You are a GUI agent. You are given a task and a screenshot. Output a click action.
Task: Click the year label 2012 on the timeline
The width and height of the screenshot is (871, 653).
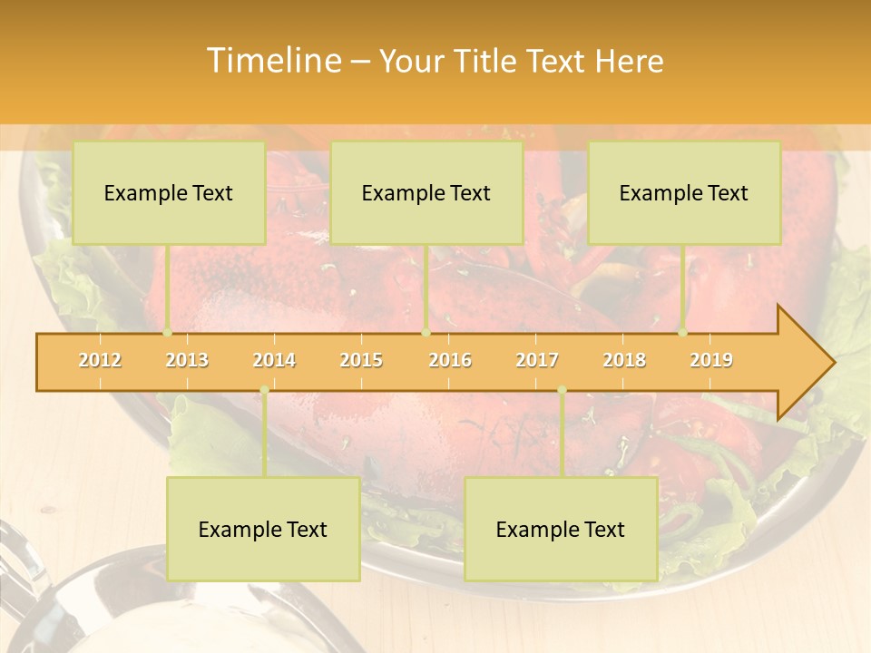[x=100, y=361]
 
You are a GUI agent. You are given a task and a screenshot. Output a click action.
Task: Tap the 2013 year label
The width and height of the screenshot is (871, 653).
[x=187, y=361]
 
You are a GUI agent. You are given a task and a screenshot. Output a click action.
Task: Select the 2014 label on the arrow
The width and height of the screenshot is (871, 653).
[x=274, y=361]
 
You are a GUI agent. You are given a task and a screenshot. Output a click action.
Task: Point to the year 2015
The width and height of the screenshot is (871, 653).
[x=361, y=361]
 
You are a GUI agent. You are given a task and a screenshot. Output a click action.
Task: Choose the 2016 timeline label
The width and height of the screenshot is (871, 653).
[x=450, y=361]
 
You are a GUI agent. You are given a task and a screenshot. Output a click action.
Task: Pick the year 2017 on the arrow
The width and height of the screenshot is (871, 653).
[x=537, y=361]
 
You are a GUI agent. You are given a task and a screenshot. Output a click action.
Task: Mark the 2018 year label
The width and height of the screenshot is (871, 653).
[x=624, y=361]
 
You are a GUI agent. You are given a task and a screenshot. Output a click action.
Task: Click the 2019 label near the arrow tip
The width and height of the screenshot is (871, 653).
[x=711, y=361]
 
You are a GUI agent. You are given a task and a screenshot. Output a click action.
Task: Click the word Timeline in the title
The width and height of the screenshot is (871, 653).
[x=272, y=61]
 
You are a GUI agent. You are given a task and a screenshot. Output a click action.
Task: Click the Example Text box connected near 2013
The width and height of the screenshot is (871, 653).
[x=169, y=192]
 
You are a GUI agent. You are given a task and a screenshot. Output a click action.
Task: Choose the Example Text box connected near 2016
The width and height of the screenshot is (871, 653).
[x=426, y=192]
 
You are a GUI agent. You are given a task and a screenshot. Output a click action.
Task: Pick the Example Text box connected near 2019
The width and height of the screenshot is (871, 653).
[x=684, y=192]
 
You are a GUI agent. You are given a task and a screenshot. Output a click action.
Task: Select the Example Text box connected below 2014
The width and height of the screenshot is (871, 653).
[x=263, y=529]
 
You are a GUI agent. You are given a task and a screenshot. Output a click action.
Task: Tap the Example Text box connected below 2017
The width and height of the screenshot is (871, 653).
[x=561, y=529]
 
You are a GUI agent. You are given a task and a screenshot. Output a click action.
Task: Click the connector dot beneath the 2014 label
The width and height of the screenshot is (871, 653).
[x=264, y=390]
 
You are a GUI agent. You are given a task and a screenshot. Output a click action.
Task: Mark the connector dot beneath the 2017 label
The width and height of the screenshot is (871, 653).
[x=562, y=390]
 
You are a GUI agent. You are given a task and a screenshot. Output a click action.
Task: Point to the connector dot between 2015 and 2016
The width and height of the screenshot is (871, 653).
[x=426, y=333]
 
